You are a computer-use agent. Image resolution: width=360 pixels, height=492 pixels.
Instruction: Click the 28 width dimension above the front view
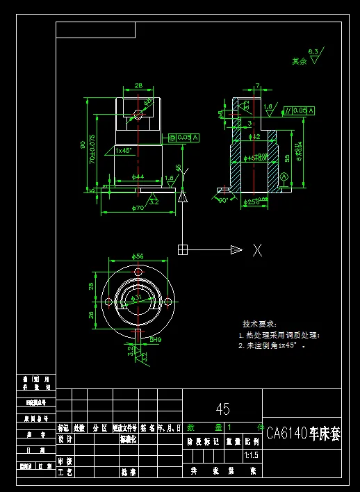coord(138,85)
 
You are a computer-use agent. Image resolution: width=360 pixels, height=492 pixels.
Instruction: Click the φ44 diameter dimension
coord(138,177)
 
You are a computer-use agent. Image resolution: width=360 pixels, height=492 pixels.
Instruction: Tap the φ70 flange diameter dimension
coord(138,208)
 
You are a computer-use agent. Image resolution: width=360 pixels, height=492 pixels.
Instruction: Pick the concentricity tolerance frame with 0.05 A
coord(183,138)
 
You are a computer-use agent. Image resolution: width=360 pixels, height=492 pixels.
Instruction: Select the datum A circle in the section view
coord(284,178)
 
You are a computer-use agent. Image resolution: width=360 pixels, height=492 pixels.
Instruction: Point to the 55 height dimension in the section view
coord(287,157)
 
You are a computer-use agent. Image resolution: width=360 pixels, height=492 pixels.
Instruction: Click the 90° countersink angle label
coord(223,200)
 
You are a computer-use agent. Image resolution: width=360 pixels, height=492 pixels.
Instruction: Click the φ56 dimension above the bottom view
coord(137,256)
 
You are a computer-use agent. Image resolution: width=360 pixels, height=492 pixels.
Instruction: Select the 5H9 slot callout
coord(154,340)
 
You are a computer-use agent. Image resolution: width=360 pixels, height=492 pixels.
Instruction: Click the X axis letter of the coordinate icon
coord(257,250)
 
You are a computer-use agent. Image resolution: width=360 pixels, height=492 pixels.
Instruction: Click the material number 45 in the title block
coord(222,409)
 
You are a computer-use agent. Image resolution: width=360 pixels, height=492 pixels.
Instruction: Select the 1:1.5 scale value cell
coord(251,456)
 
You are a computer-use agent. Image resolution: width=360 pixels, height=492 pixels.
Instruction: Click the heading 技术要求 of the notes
coord(259,324)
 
